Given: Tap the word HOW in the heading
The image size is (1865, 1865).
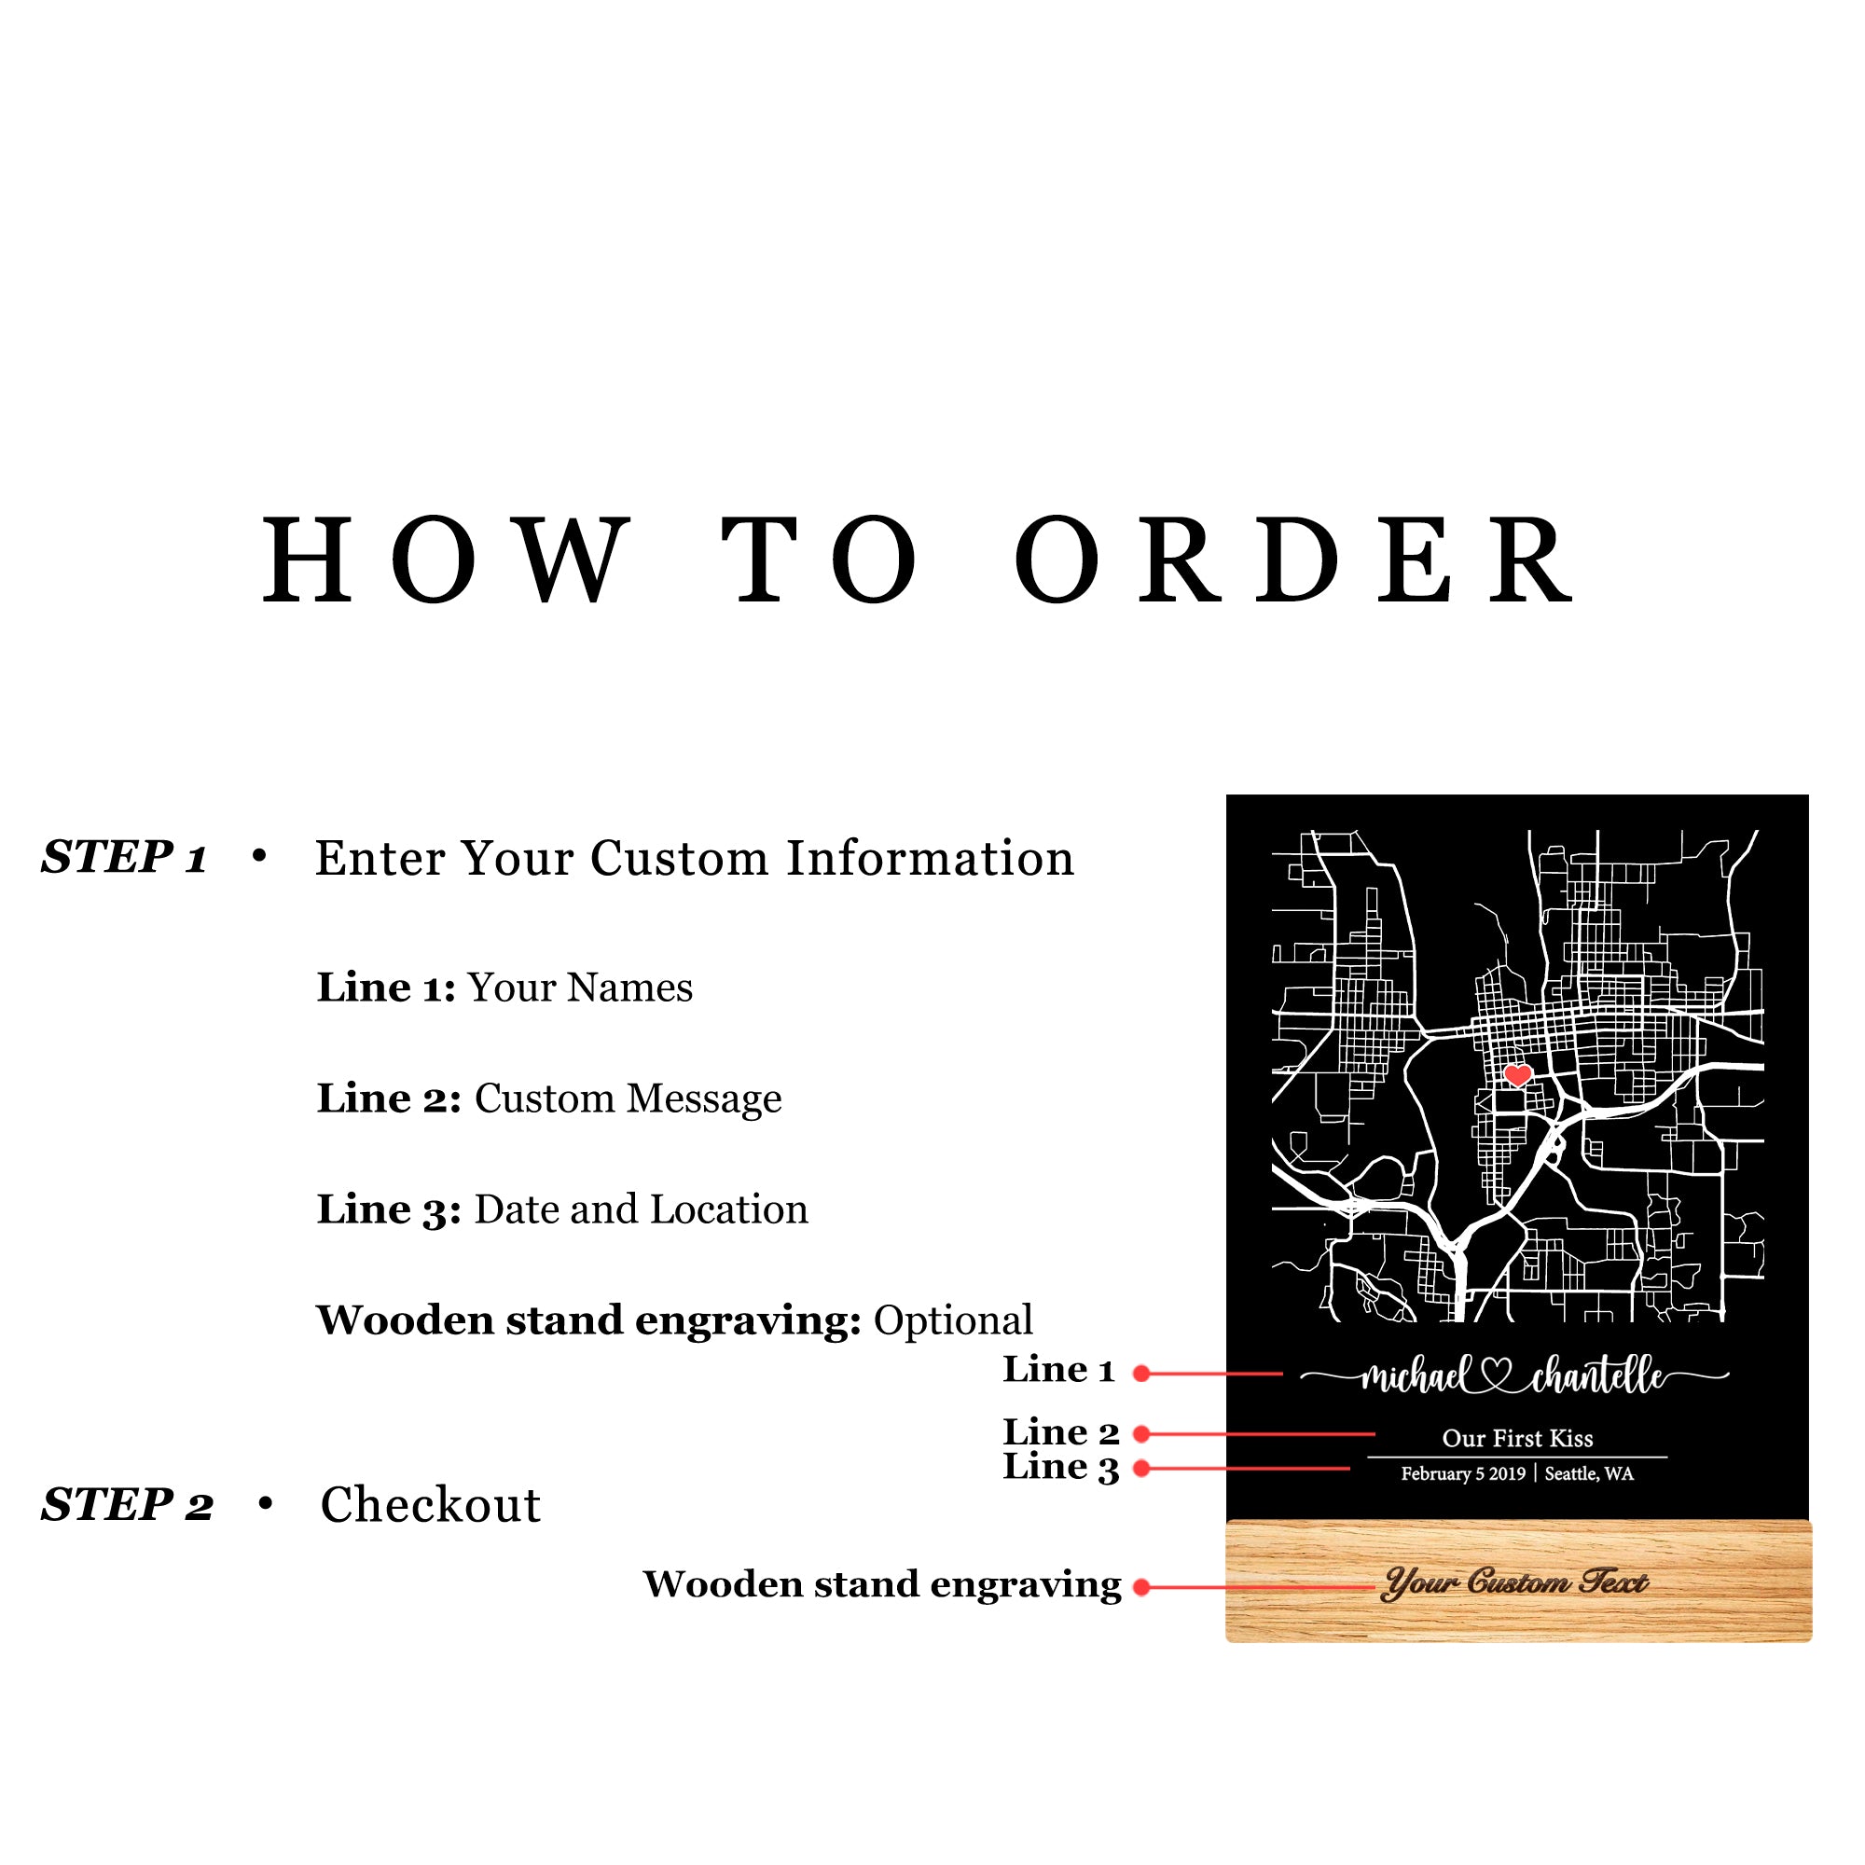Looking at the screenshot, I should (x=446, y=560).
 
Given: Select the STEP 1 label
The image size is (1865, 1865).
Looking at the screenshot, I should (x=125, y=857).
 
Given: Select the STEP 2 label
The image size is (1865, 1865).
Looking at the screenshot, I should (x=127, y=1505).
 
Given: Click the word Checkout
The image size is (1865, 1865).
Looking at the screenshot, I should (x=431, y=1505).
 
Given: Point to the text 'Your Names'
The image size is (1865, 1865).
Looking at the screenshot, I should (x=580, y=988).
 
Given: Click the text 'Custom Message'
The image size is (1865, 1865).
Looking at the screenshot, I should (x=628, y=1098).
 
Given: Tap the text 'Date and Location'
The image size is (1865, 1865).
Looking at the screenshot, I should (x=641, y=1209).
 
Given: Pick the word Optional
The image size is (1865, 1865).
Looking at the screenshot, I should (x=953, y=1320).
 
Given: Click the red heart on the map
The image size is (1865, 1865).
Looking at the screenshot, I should (x=1517, y=1074).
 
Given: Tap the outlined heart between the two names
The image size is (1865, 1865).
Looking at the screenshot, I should (x=1497, y=1375).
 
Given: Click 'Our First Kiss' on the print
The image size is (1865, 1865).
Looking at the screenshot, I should (x=1517, y=1439).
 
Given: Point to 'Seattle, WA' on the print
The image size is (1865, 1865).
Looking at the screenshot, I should (x=1589, y=1474).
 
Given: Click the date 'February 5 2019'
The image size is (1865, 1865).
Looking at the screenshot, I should (x=1463, y=1474).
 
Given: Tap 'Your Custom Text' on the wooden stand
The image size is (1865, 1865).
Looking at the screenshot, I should (x=1515, y=1583).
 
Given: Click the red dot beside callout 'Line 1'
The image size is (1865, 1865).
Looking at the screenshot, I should (x=1141, y=1374).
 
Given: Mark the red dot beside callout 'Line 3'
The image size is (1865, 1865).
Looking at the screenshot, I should (x=1141, y=1469).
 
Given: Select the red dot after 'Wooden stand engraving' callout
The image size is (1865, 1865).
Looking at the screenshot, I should (x=1141, y=1587).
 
